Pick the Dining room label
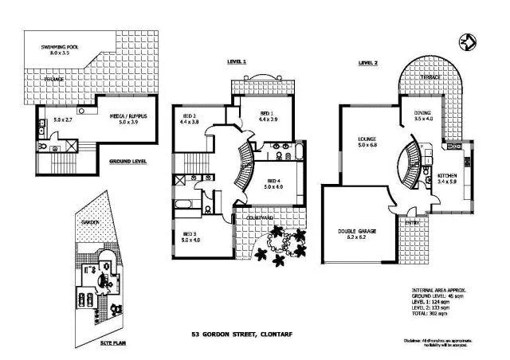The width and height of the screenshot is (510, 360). coord(422,115)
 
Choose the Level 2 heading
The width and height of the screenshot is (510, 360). coord(367,61)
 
